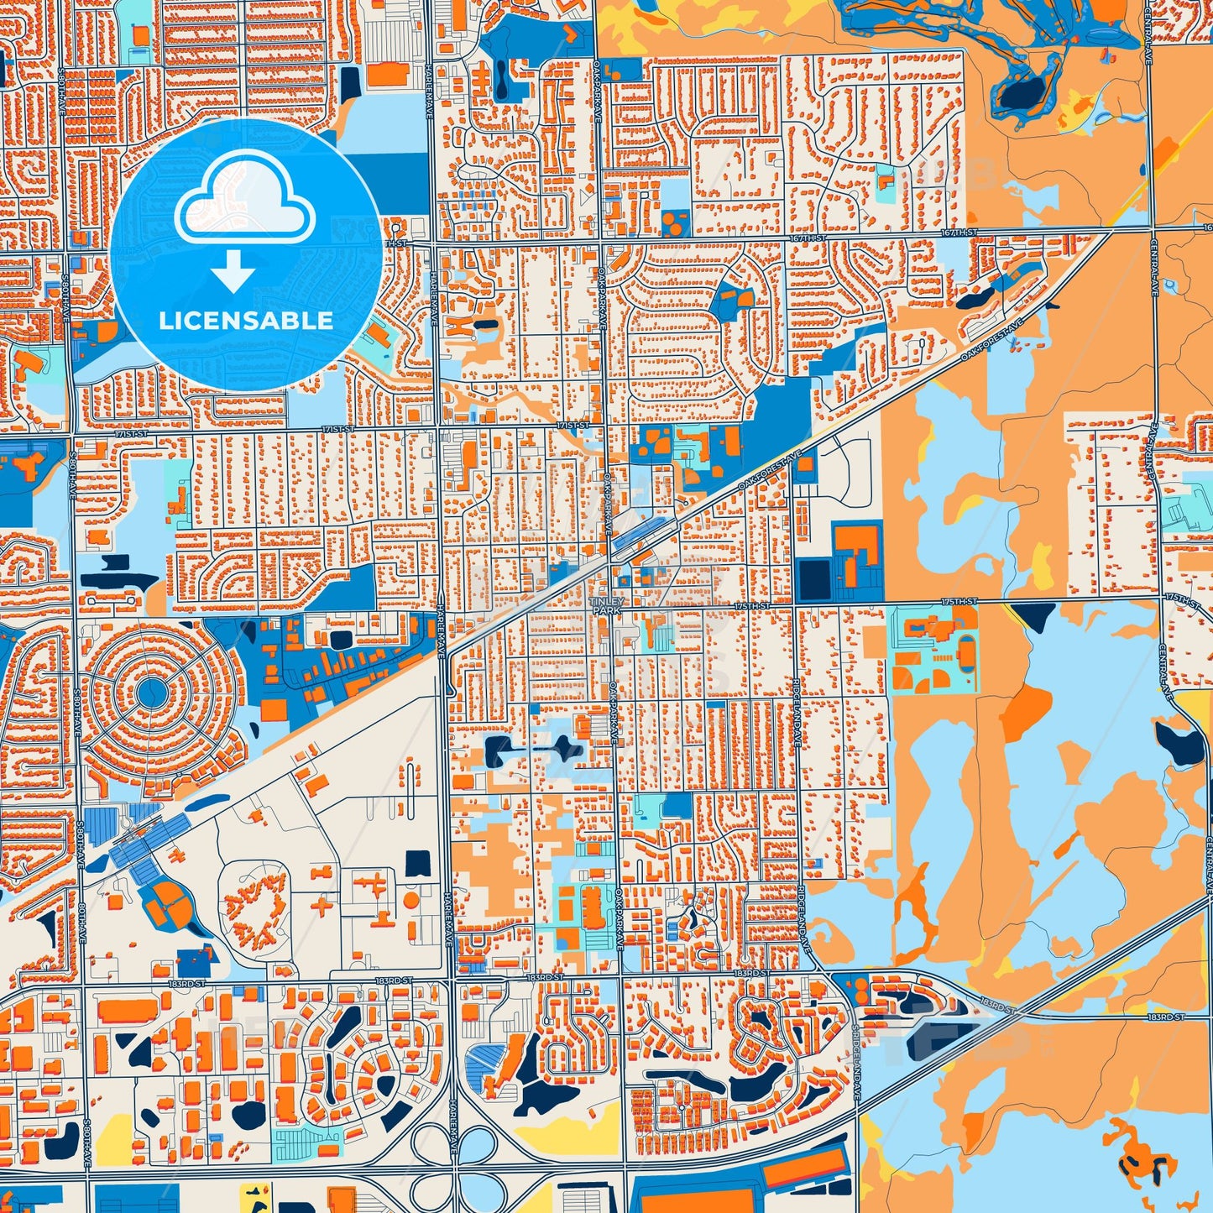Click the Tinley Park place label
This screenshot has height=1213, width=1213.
click(x=607, y=606)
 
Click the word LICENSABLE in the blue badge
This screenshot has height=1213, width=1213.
click(x=246, y=321)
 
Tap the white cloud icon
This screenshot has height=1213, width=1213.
click(x=244, y=201)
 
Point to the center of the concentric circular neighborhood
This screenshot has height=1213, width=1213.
click(x=151, y=692)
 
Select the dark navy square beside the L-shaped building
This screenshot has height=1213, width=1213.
click(x=813, y=579)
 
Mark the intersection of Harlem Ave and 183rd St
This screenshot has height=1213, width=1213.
click(x=451, y=979)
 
